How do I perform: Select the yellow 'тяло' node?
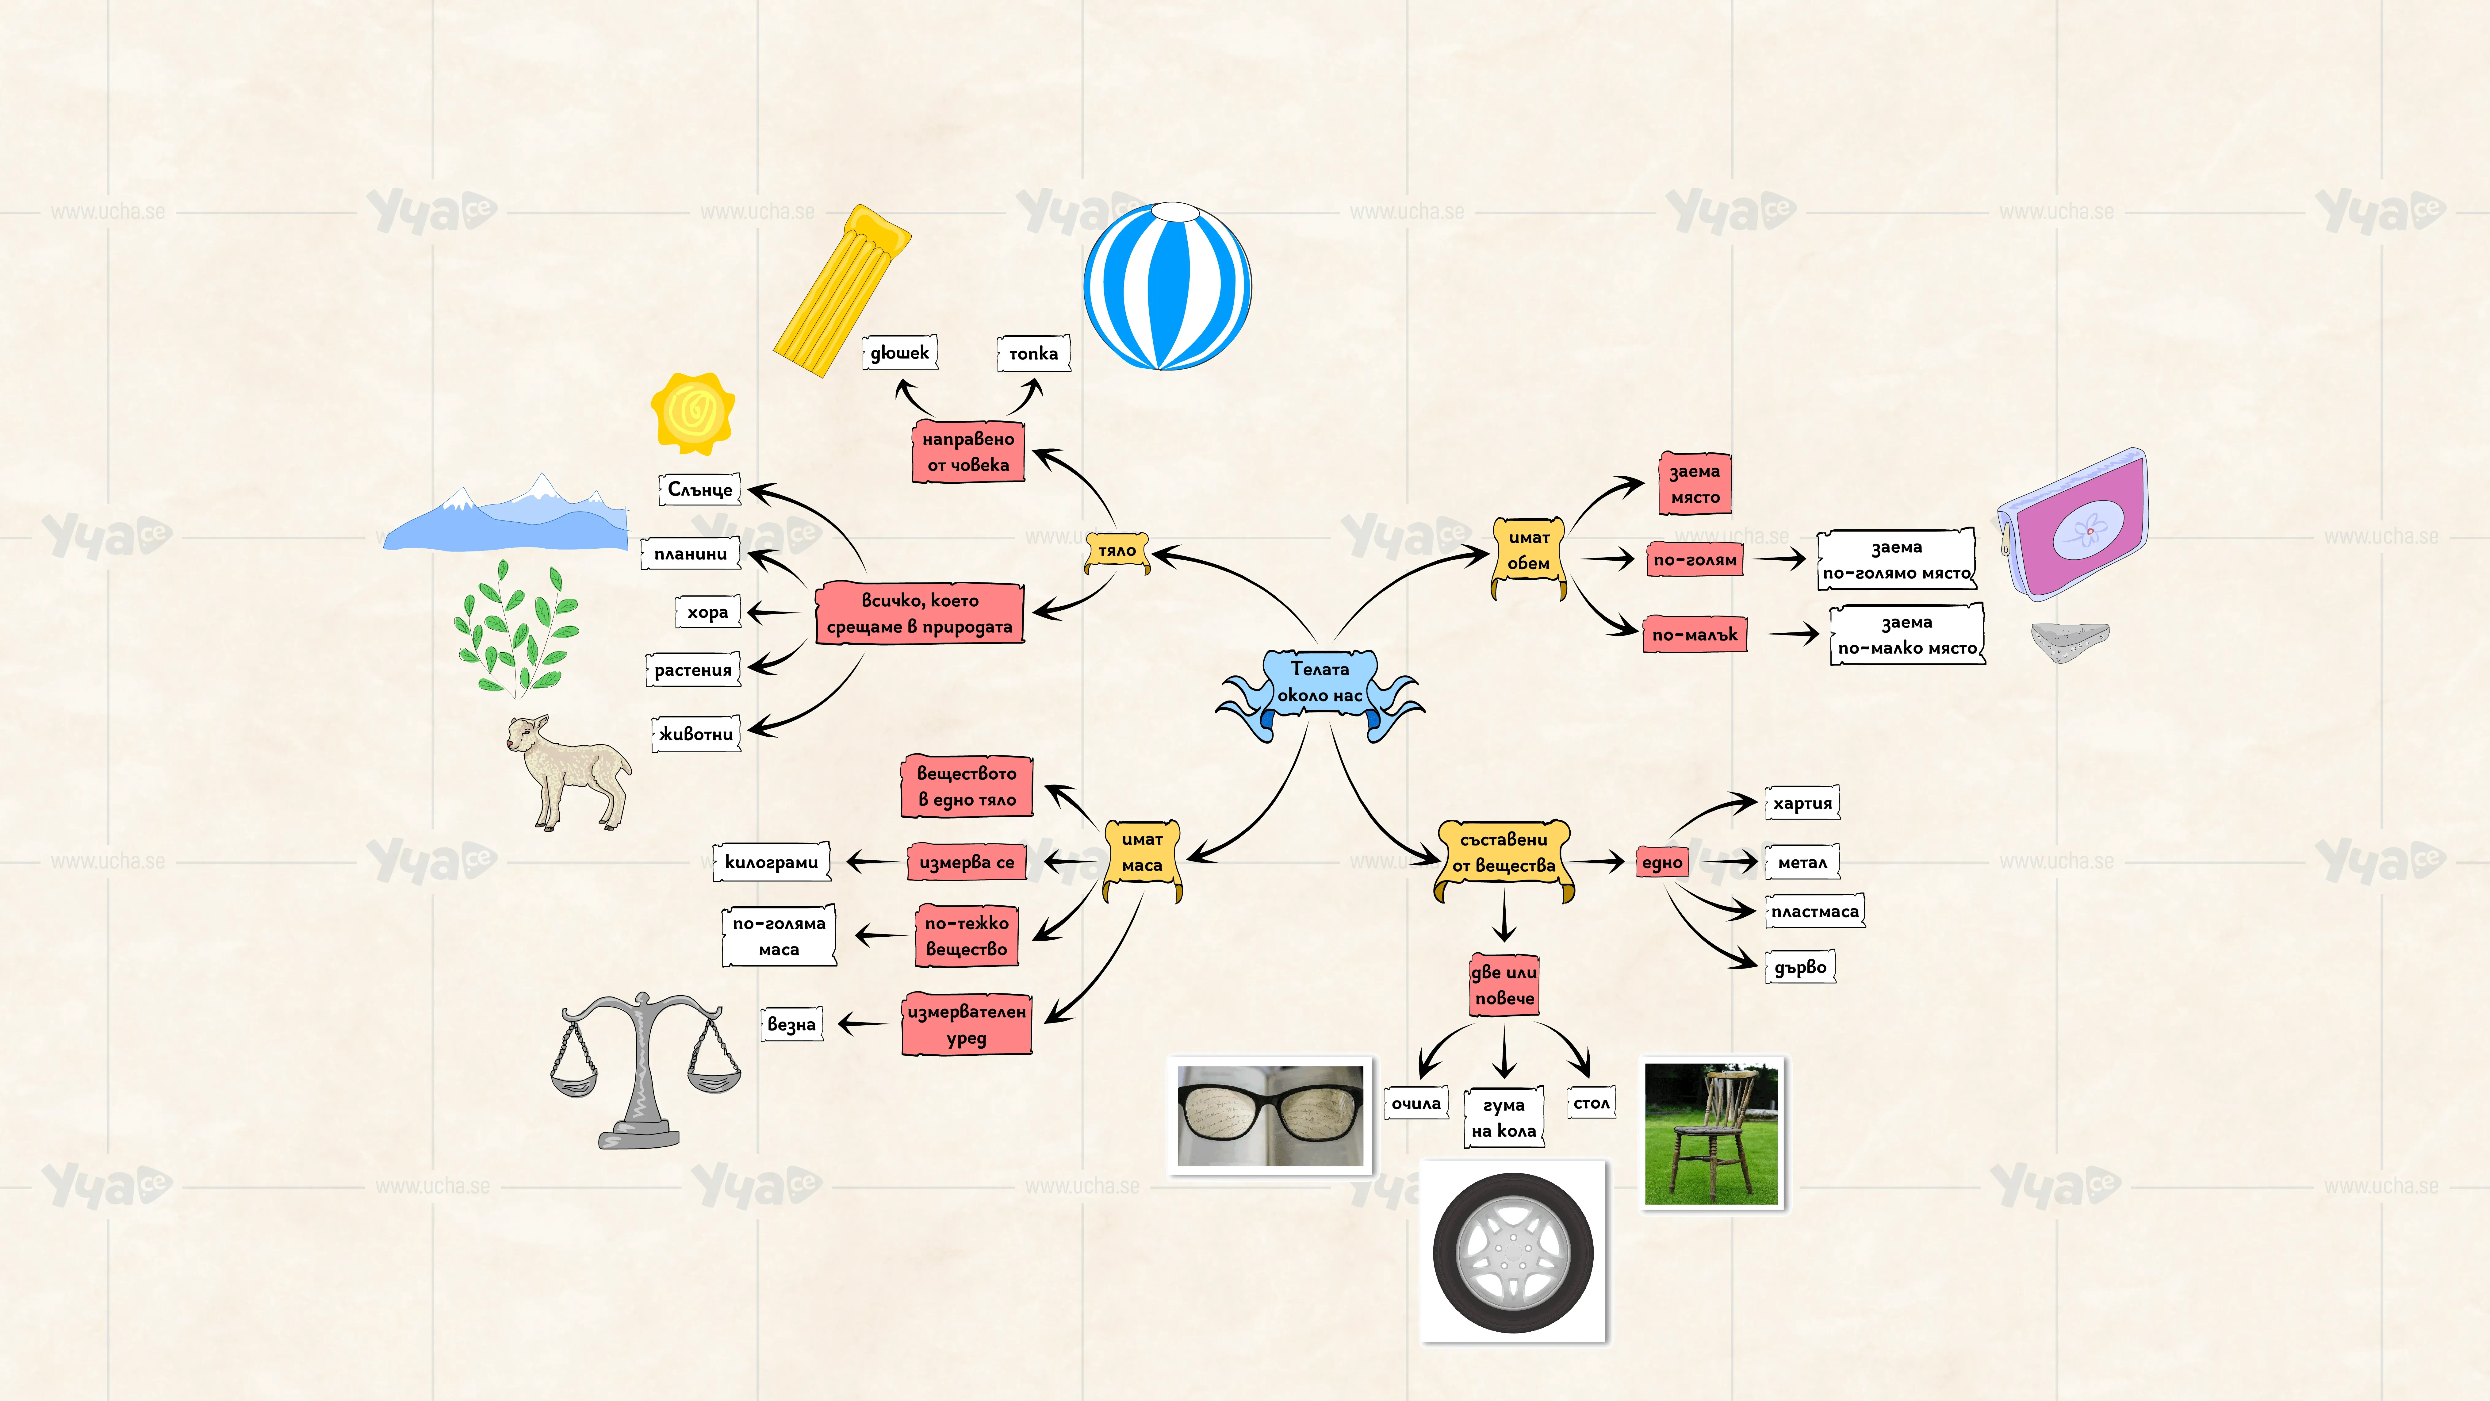tap(1117, 551)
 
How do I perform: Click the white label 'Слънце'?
tap(700, 489)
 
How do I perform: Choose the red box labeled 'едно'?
tap(1662, 862)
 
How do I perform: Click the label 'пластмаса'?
tap(1814, 912)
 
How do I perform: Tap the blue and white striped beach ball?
tap(1168, 286)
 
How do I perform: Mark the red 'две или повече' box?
tap(1504, 985)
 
